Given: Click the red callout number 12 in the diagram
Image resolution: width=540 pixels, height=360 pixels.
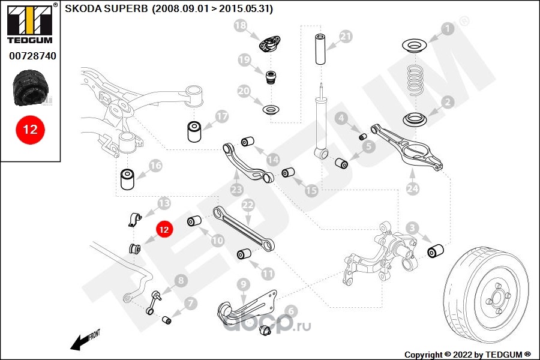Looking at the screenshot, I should (164, 228).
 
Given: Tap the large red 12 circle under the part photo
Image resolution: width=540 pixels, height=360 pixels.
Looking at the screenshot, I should (30, 130).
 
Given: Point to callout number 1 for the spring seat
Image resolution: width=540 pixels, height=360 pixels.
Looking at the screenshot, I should (446, 28).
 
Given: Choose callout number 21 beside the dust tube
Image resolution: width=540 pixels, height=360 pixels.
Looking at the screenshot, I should (346, 37).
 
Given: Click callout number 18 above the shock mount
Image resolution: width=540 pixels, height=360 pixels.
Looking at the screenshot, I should (240, 25).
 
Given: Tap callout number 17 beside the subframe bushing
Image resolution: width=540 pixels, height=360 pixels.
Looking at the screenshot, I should (222, 116).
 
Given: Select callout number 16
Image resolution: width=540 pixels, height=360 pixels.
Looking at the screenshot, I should (155, 165).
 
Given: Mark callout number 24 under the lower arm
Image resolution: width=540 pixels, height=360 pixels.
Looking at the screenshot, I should (412, 189).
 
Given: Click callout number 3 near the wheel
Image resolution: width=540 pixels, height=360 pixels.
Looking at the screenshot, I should (412, 228).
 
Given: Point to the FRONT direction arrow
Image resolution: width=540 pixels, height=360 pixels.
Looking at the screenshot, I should (83, 340).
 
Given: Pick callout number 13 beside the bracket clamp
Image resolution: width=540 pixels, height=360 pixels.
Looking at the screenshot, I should (164, 203).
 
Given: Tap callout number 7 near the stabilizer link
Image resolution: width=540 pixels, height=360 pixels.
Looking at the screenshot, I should (190, 304).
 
